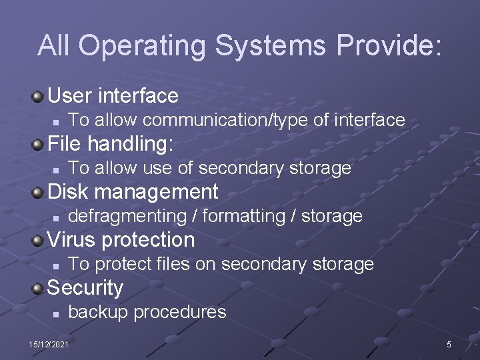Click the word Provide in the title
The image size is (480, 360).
(x=389, y=45)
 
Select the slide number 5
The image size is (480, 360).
(x=449, y=344)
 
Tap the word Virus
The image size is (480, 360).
(x=71, y=239)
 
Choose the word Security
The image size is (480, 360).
(x=86, y=288)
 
